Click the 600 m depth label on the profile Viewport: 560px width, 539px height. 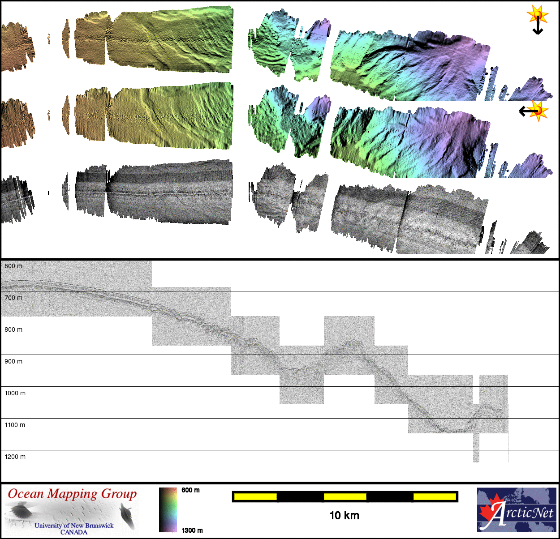(x=13, y=266)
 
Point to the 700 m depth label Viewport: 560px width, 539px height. (x=13, y=298)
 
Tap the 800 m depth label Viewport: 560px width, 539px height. (x=13, y=329)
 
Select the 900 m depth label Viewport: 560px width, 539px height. (x=13, y=361)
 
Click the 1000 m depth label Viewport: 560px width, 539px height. (x=15, y=393)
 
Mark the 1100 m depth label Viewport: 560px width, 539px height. (x=15, y=425)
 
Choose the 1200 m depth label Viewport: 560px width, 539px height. (x=15, y=457)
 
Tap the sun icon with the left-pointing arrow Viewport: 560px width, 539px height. (x=534, y=111)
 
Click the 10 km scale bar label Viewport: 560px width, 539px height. (x=345, y=516)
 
